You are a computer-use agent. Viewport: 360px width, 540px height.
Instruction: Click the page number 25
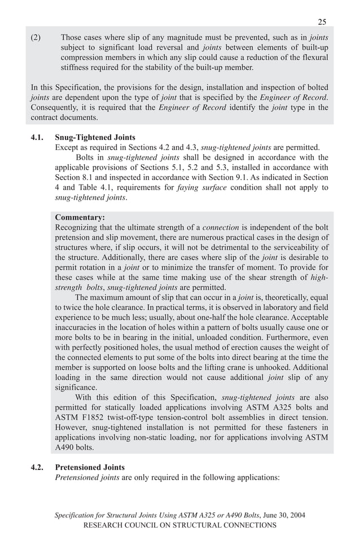(x=322, y=22)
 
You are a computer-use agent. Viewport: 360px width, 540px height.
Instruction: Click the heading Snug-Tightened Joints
(x=95, y=137)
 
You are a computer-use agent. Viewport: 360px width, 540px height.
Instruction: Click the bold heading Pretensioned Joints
(x=90, y=467)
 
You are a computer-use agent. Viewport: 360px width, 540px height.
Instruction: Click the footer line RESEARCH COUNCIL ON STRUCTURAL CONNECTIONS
(x=180, y=525)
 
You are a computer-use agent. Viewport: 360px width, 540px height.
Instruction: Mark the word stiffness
(x=77, y=68)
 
